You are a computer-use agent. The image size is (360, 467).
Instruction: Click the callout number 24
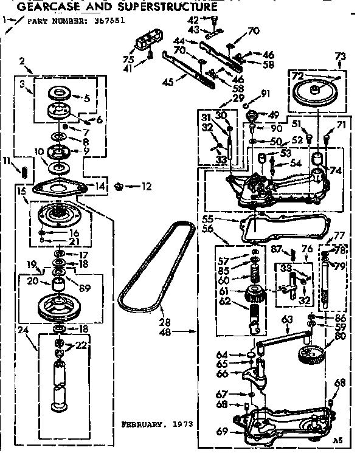24,332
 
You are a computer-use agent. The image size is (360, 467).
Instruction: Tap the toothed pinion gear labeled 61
254,296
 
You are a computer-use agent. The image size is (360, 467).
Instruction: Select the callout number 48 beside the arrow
180,332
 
